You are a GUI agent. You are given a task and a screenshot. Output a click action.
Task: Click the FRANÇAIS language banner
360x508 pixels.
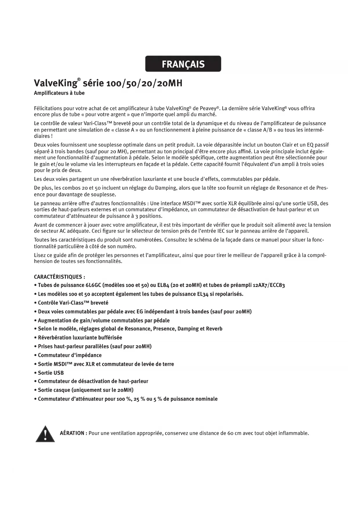(183, 64)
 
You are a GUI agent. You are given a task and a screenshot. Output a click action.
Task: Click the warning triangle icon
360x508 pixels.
(45, 434)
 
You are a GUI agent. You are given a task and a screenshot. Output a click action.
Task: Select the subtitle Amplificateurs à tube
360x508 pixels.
(59, 93)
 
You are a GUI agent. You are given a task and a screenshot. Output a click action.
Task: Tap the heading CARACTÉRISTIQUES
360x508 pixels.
(59, 277)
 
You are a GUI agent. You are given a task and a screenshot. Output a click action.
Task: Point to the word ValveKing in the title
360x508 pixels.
(55, 83)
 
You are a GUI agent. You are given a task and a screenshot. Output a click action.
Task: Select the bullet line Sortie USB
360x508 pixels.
(50, 373)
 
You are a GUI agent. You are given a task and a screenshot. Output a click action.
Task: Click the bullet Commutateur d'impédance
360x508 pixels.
(70, 355)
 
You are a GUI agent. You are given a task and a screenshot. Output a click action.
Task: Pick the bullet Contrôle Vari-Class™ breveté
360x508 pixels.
(73, 303)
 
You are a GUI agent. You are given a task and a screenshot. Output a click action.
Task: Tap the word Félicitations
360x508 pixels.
(48, 108)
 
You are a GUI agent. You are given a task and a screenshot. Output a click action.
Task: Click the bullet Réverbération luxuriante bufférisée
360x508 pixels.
(80, 337)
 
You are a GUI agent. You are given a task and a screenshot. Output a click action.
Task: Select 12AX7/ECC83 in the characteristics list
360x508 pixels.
(269, 285)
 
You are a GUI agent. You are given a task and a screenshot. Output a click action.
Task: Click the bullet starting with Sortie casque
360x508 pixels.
(86, 390)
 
